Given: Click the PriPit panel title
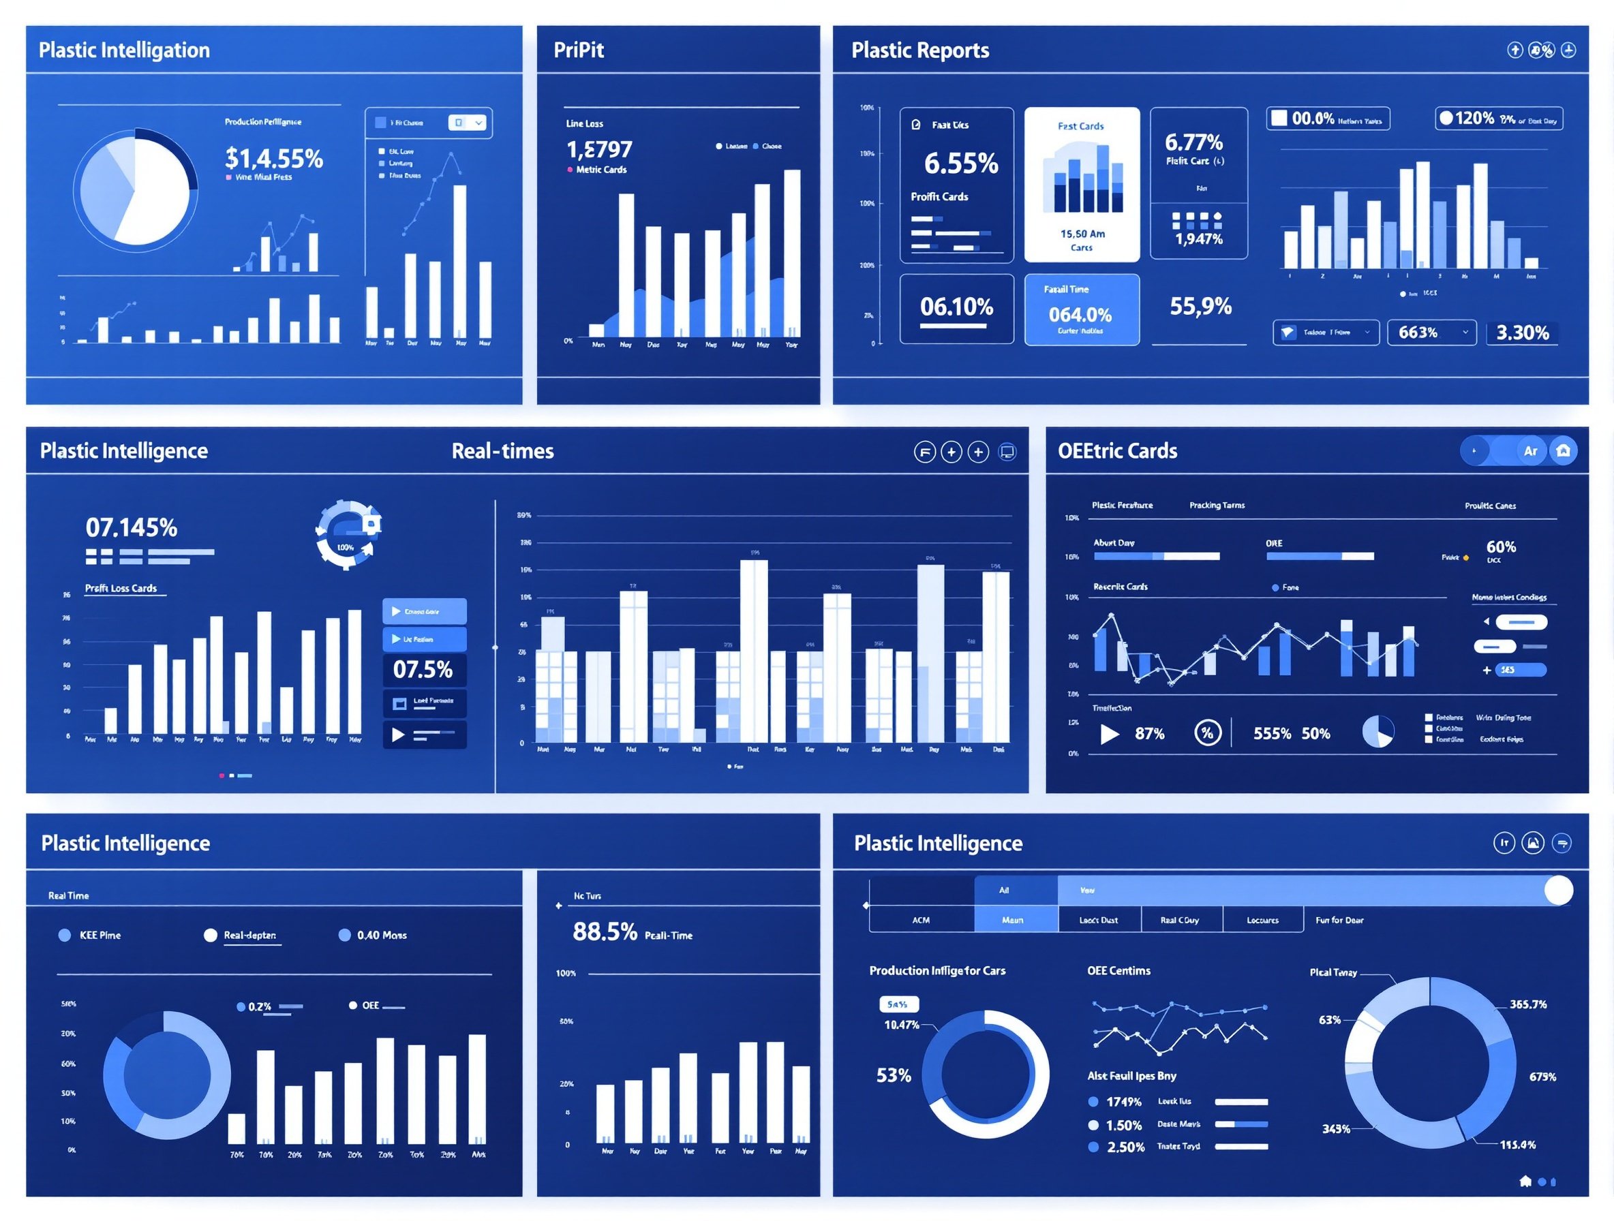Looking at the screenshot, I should tap(578, 50).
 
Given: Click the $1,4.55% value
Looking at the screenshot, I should tap(273, 157).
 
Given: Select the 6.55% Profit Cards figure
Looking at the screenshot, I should tap(960, 164).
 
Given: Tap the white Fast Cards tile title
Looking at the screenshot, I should tap(1080, 126).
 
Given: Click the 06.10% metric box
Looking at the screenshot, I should tap(956, 308).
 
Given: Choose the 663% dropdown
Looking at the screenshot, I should tap(1431, 333).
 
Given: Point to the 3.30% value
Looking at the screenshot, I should tap(1522, 333).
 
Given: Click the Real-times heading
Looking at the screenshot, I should tap(502, 451).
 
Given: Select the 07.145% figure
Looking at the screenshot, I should tap(132, 527).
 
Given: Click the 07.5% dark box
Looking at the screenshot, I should tap(423, 669).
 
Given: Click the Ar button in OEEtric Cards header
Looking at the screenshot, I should tap(1530, 451).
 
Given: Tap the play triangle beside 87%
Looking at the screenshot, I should tap(1109, 733).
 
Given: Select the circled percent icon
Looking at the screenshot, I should tap(1207, 732).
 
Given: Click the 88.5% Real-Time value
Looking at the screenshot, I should tap(605, 931).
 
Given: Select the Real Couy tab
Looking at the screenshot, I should tap(1180, 920).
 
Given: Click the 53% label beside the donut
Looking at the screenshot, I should tap(893, 1075).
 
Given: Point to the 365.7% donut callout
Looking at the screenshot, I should tap(1528, 1004).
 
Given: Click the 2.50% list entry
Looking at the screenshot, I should tap(1125, 1147).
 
